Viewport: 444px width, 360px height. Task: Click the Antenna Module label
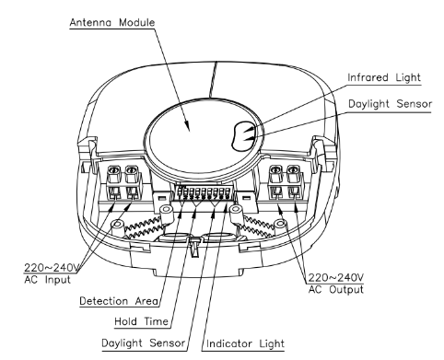(112, 22)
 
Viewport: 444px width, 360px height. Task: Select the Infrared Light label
(384, 77)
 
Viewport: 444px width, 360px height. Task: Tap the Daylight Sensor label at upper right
(390, 104)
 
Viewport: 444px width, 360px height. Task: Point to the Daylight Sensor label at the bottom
(144, 343)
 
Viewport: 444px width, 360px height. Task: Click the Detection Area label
(119, 301)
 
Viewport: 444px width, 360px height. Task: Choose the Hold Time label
(141, 321)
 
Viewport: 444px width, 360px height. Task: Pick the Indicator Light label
(245, 343)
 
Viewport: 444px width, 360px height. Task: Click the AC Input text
(48, 280)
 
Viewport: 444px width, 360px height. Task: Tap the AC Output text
(336, 289)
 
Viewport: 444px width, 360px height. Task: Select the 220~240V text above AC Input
(52, 268)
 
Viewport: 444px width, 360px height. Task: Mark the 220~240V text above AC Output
(336, 278)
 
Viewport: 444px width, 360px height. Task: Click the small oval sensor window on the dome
(243, 136)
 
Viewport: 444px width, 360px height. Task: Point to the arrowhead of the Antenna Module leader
(187, 126)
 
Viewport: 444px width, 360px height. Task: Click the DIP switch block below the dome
(204, 192)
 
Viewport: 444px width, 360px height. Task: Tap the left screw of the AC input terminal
(113, 169)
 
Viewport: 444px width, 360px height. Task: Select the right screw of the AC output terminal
(293, 169)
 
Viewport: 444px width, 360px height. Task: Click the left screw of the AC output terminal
(275, 169)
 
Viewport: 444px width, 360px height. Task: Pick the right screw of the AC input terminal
(131, 169)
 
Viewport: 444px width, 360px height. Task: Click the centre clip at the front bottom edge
(194, 247)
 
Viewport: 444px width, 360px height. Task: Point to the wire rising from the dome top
(213, 79)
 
